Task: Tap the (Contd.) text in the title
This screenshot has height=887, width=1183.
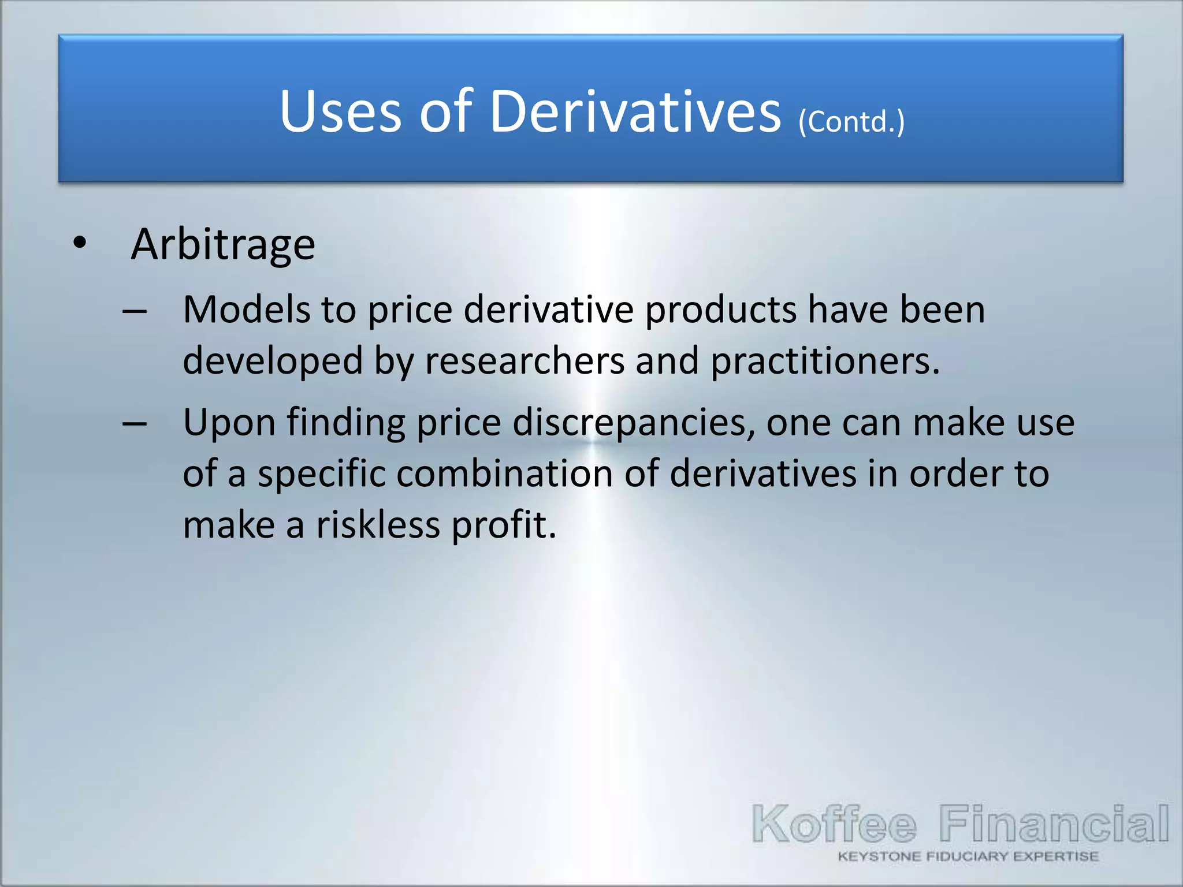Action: (851, 121)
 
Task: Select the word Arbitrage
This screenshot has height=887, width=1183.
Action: (223, 245)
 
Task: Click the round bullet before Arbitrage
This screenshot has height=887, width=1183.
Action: (80, 243)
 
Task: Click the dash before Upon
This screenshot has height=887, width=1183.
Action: (135, 424)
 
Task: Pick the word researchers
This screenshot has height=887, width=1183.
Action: (524, 361)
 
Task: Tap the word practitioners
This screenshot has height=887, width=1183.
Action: (825, 361)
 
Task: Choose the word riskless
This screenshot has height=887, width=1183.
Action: (378, 525)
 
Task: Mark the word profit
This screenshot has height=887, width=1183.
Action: (504, 525)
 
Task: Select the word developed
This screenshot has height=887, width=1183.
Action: (273, 361)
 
